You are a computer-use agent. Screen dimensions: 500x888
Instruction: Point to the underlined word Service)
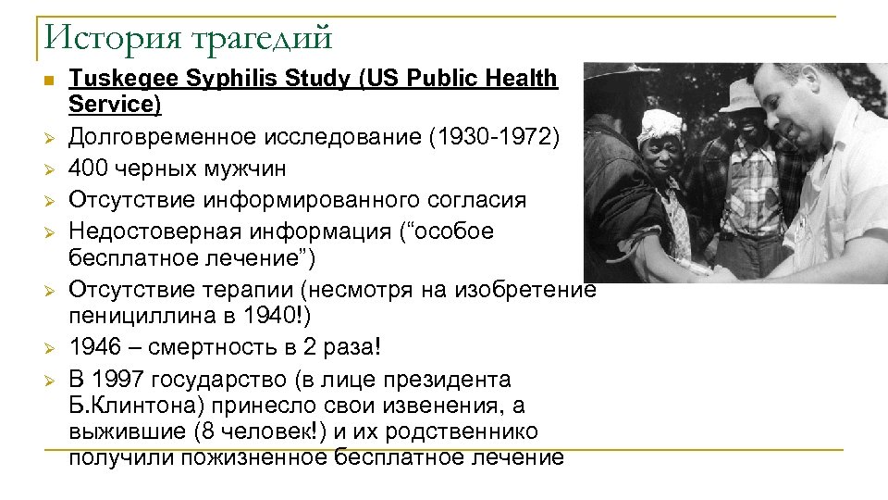[115, 104]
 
